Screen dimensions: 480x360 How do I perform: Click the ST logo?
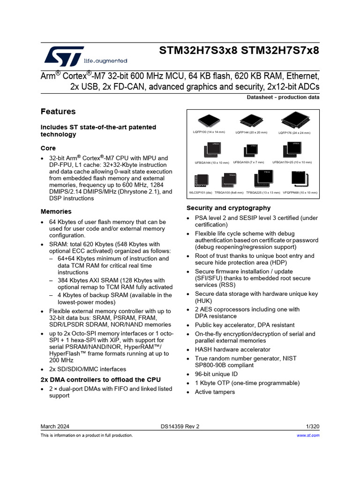tap(65, 56)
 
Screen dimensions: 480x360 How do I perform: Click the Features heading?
tap(58, 112)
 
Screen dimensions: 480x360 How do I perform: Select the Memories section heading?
tap(56, 211)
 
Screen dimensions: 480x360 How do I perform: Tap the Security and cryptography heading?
tap(228, 208)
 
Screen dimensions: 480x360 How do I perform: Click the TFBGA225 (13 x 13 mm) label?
tap(263, 192)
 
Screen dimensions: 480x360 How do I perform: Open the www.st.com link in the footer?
tap(308, 435)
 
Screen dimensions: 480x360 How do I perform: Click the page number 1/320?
tap(312, 426)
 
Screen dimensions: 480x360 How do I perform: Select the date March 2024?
tap(55, 426)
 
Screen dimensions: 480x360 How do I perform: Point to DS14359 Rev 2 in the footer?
tap(180, 426)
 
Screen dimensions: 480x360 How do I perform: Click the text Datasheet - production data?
tap(283, 97)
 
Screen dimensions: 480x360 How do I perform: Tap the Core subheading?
tap(48, 148)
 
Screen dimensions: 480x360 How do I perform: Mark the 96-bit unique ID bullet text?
tap(216, 374)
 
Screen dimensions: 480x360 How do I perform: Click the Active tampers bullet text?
tap(215, 392)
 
